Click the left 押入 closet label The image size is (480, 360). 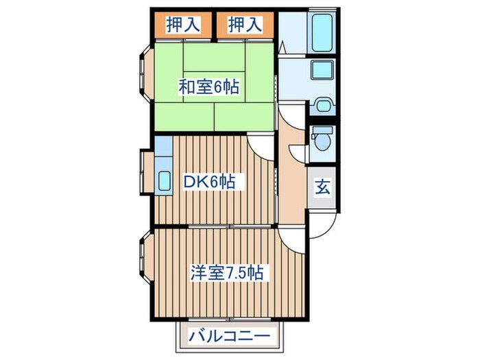pos(182,25)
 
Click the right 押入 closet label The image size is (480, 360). pos(245,25)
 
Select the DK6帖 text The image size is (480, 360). pos(208,182)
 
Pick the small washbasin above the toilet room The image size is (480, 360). pos(322,106)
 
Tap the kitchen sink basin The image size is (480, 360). pos(164,180)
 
